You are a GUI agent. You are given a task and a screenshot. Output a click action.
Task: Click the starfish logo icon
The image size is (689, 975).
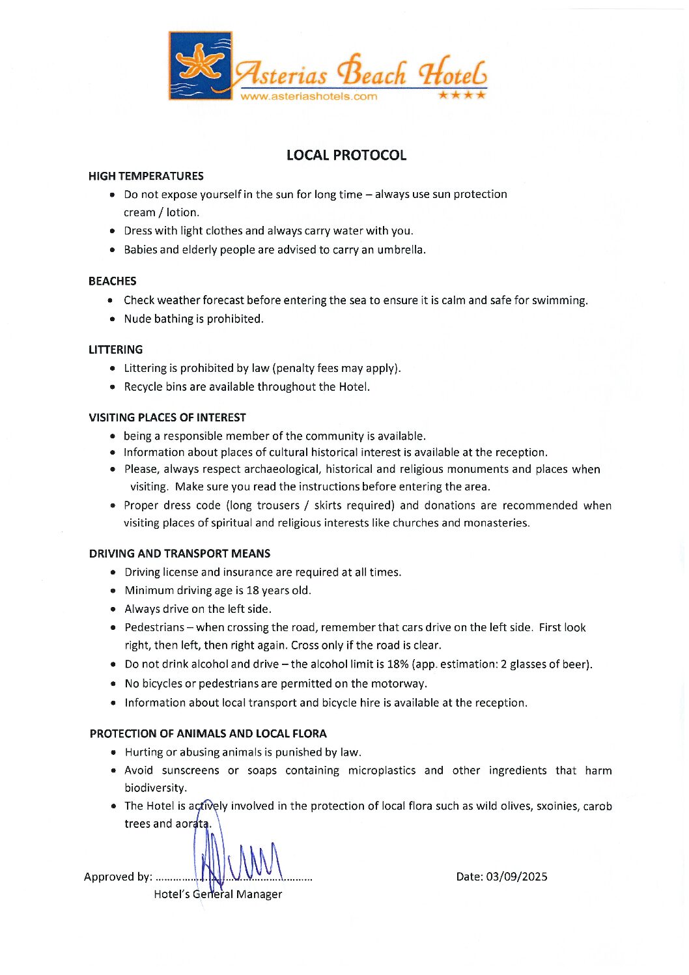point(200,65)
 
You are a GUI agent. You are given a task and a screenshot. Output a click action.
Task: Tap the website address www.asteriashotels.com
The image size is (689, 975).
point(309,96)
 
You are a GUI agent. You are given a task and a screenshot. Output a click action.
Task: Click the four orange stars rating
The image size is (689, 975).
point(462,95)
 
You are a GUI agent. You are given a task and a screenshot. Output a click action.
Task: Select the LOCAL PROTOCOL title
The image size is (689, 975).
point(346,155)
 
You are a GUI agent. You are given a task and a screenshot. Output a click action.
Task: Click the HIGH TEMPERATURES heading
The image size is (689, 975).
point(146,176)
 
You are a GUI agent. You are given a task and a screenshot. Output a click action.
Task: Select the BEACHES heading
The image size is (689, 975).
point(113,281)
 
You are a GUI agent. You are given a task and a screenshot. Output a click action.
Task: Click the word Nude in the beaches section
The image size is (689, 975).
point(137,318)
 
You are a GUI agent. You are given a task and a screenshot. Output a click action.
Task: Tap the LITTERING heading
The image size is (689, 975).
point(115,349)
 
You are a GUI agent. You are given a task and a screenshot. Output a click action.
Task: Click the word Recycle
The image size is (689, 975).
point(143,386)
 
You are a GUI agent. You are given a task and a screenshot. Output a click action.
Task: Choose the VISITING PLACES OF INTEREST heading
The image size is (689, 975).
point(167,417)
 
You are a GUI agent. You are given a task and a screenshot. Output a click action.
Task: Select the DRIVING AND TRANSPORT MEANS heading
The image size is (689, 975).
point(180,554)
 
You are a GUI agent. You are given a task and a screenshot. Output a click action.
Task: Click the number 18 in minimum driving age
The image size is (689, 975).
point(253,590)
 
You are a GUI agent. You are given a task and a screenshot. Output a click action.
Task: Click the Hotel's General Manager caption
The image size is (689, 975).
point(218,894)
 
